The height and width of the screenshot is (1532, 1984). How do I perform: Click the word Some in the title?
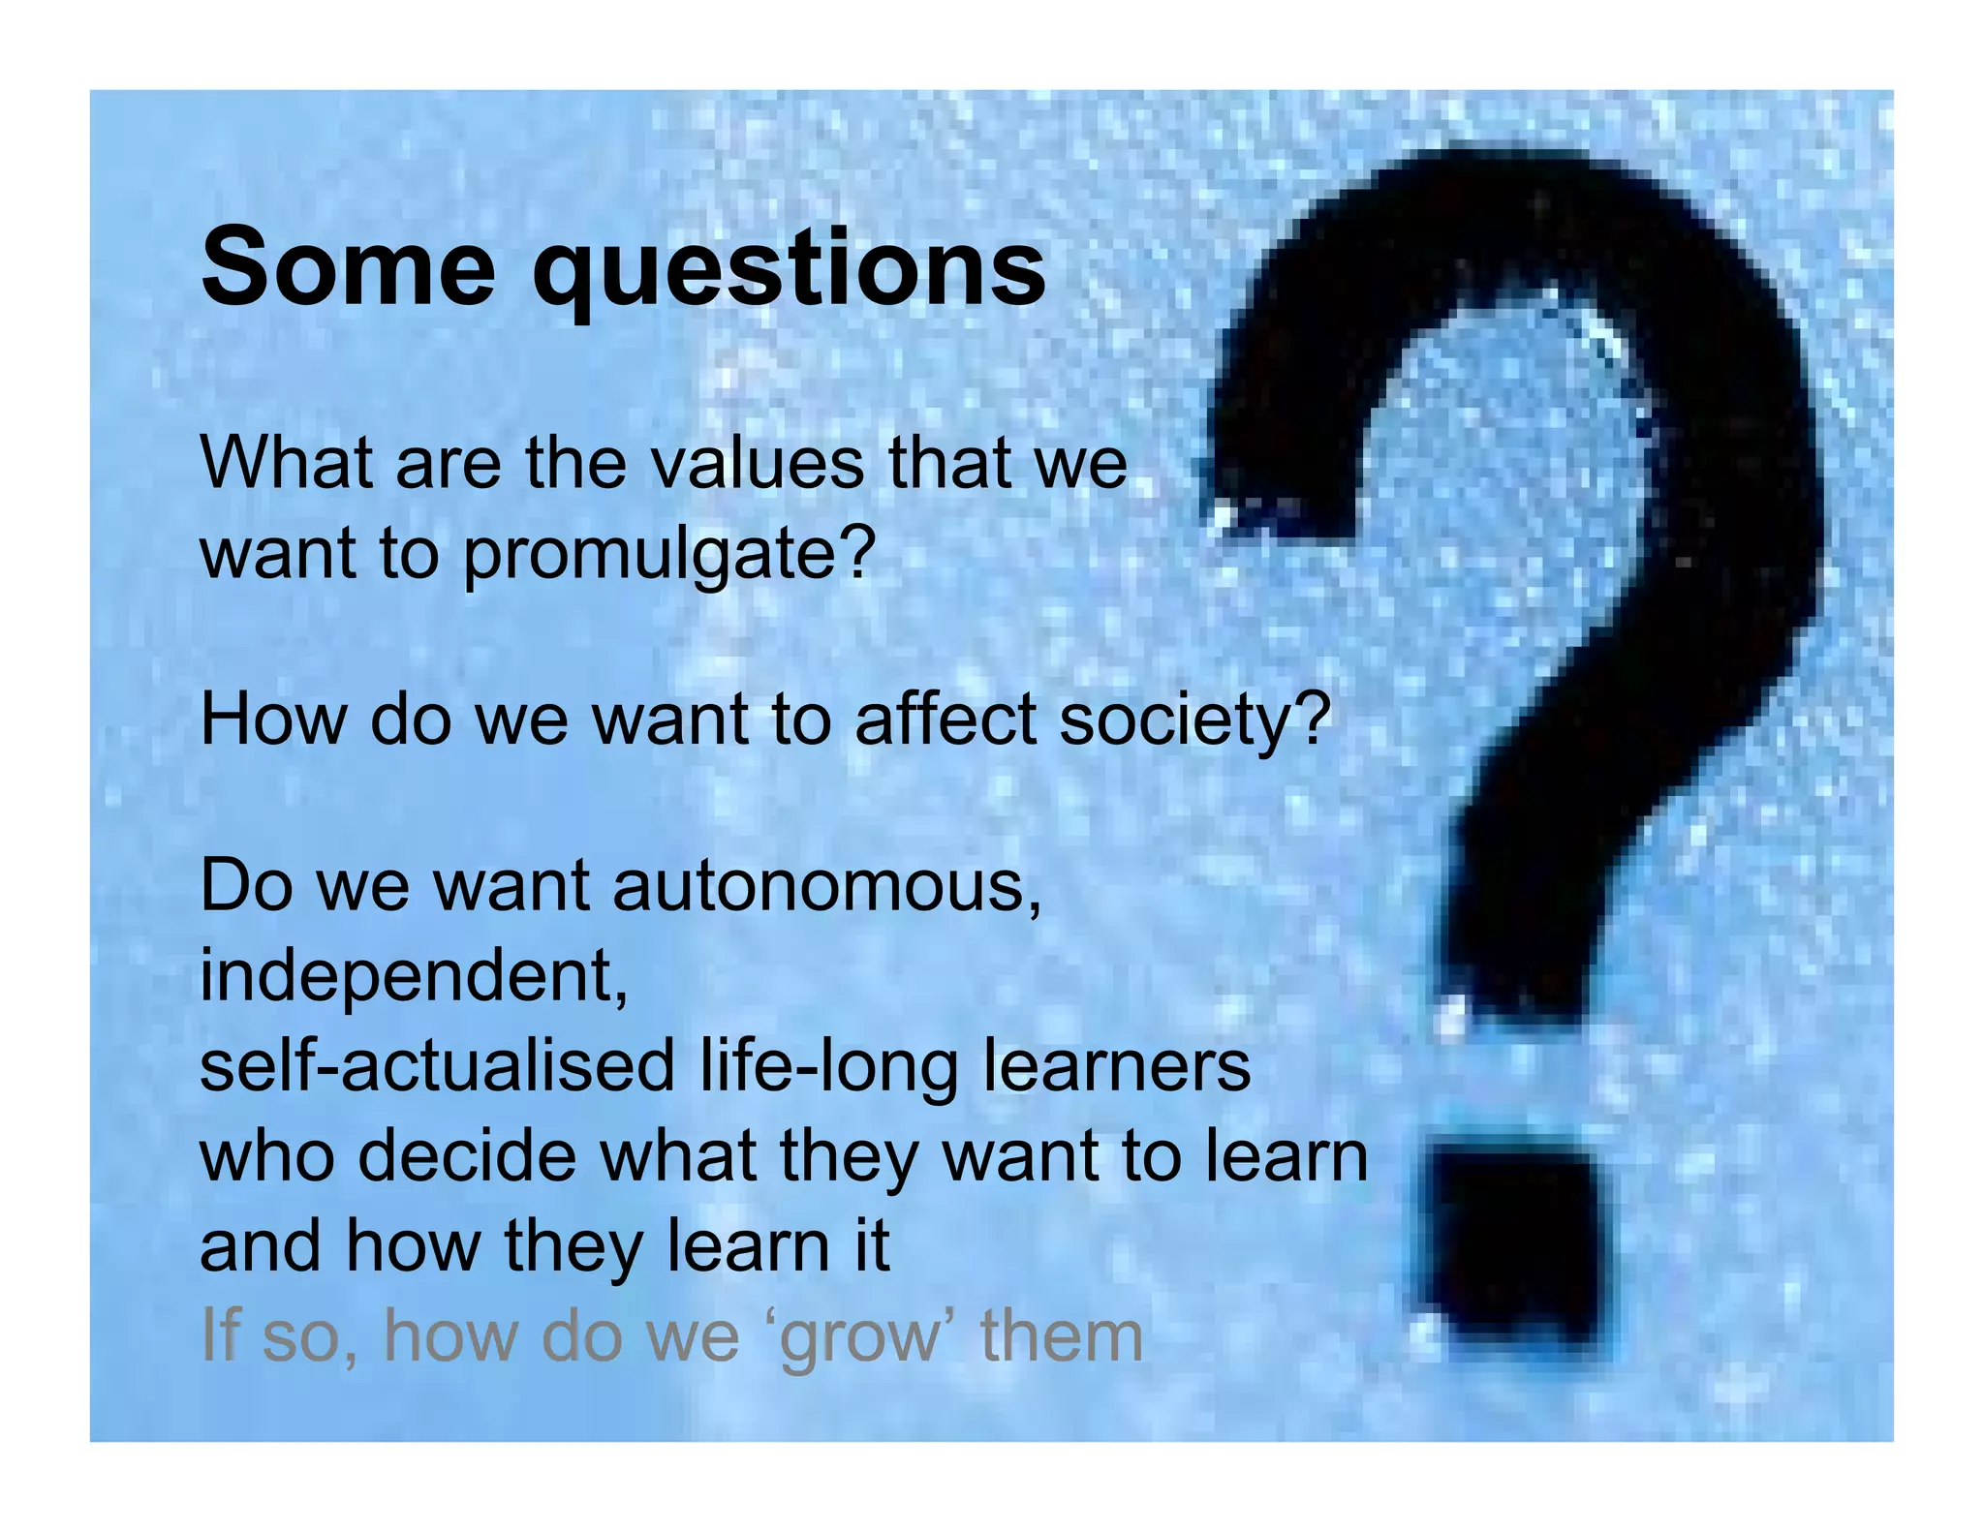tap(348, 266)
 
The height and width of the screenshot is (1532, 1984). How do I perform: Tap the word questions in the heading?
tap(790, 271)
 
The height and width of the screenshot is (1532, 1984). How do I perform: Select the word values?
tap(757, 464)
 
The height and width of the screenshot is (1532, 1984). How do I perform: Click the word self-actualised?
tap(436, 1065)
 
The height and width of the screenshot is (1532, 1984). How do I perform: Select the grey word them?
tap(1061, 1336)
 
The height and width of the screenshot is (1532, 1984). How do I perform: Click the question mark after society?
tap(1313, 718)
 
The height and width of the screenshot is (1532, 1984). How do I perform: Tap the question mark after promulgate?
tap(856, 552)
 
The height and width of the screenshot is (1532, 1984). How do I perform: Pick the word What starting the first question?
tap(287, 464)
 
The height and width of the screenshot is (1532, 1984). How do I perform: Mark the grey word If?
tap(220, 1335)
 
